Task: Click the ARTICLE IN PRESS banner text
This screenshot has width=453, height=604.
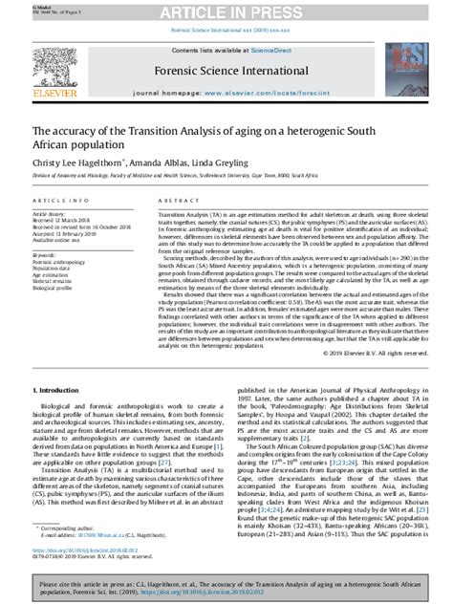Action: [x=226, y=11]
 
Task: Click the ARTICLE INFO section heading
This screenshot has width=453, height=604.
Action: [x=60, y=202]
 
